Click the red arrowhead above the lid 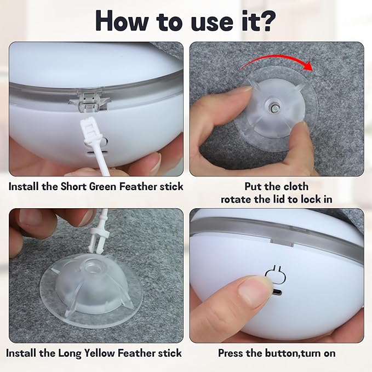click(308, 66)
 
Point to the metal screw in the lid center click(275, 107)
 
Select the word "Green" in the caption click(104, 186)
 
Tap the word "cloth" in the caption click(296, 186)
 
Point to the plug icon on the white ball click(275, 274)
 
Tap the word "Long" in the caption click(70, 353)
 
